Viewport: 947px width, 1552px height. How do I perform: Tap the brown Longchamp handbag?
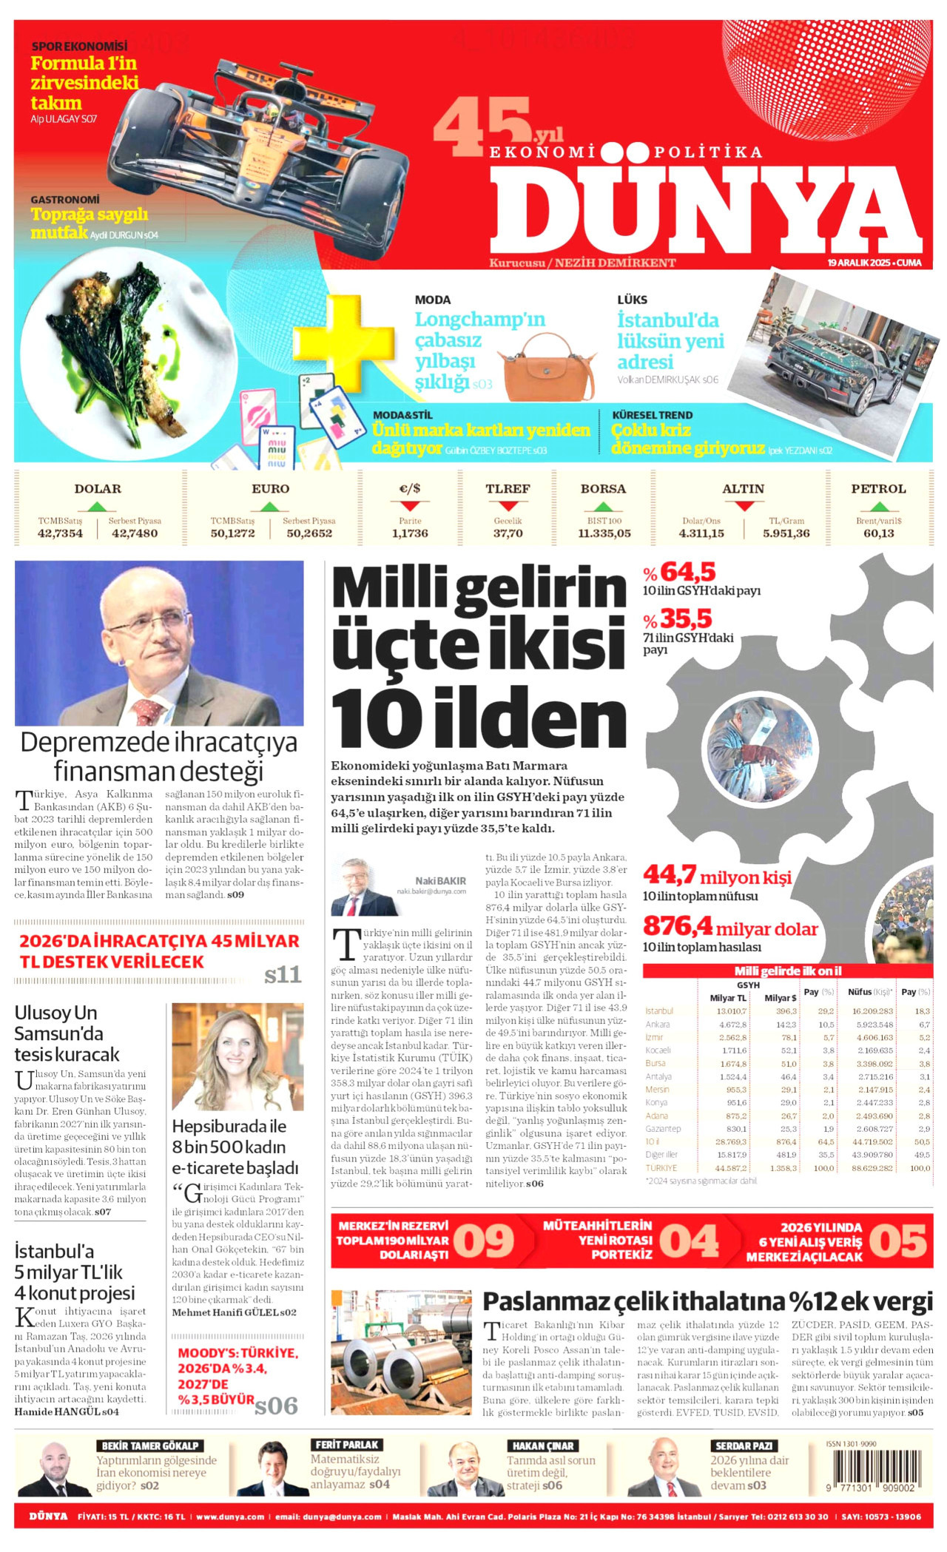click(x=547, y=368)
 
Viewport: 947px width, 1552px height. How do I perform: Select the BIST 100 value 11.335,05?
click(x=604, y=533)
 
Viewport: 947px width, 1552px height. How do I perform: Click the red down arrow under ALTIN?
click(x=744, y=506)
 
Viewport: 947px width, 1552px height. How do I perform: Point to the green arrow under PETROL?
click(x=878, y=507)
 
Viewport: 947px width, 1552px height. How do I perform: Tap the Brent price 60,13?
click(x=878, y=533)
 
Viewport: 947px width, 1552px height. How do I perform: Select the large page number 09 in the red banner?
click(x=484, y=1241)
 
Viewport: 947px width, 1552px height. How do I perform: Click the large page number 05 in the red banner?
click(x=897, y=1241)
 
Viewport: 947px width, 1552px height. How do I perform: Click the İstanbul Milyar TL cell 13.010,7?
click(x=731, y=1011)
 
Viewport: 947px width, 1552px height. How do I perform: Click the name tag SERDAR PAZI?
click(x=743, y=1445)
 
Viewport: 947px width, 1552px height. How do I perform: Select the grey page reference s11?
click(x=283, y=975)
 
